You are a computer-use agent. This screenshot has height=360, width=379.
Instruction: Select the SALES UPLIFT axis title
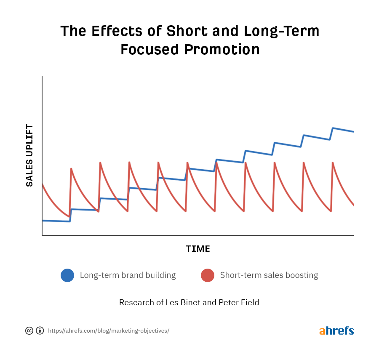(x=29, y=155)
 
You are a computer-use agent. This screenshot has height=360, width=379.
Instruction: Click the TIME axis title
(x=198, y=249)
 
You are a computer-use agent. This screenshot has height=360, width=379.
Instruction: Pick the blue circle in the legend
(x=67, y=275)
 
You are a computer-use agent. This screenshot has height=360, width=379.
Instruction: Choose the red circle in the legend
(x=208, y=275)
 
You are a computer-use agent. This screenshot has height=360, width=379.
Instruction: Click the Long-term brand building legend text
(x=128, y=275)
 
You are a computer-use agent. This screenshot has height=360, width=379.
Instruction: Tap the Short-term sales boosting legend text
(x=269, y=275)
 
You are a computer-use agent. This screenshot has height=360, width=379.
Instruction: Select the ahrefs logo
(x=336, y=331)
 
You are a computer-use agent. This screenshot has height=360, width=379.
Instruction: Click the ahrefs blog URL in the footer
(x=109, y=331)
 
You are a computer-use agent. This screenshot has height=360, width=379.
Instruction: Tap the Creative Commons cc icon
(x=29, y=331)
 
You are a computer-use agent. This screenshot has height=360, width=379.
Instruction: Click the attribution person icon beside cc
(x=40, y=331)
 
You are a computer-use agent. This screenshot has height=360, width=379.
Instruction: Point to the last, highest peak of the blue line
(x=333, y=128)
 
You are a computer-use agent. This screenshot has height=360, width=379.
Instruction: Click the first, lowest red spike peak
(x=71, y=169)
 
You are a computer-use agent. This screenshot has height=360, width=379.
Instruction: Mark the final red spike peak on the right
(x=333, y=163)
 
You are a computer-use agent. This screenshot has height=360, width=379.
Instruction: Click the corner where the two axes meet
(x=42, y=235)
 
